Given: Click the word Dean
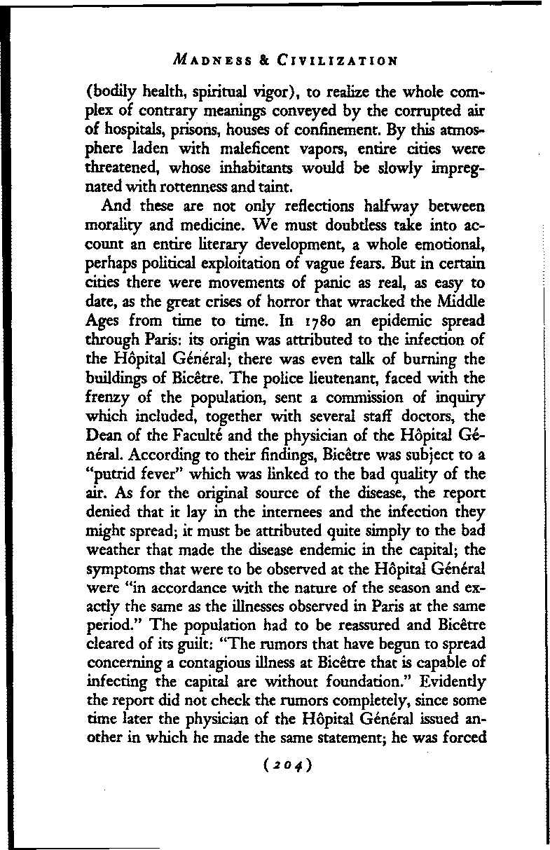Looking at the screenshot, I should tap(121, 441).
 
